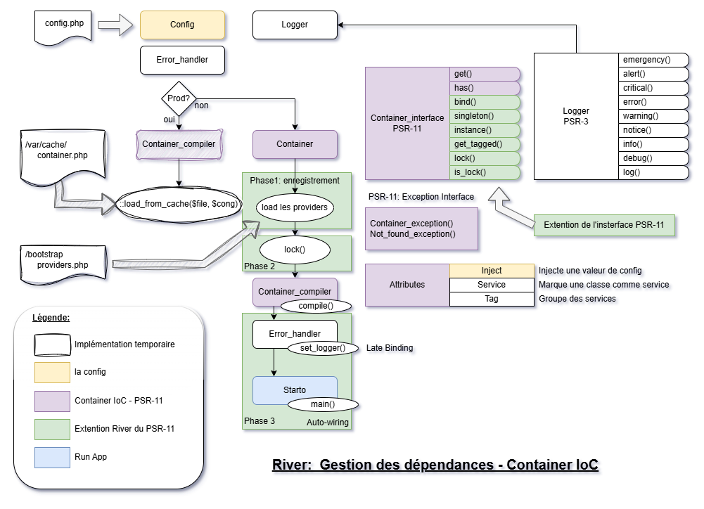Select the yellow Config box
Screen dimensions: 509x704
182,25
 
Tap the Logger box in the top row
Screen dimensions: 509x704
295,25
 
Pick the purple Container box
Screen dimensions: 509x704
295,144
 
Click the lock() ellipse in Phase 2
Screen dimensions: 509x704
295,250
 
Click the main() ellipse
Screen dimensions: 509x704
322,404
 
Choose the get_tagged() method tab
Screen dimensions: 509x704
484,144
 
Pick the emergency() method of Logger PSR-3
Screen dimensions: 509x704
653,60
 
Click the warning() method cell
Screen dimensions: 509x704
653,116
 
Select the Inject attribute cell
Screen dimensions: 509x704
492,271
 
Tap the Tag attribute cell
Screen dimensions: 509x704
492,299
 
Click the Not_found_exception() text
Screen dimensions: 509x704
413,233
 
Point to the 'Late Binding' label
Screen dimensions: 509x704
390,348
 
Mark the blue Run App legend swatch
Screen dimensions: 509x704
53,457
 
